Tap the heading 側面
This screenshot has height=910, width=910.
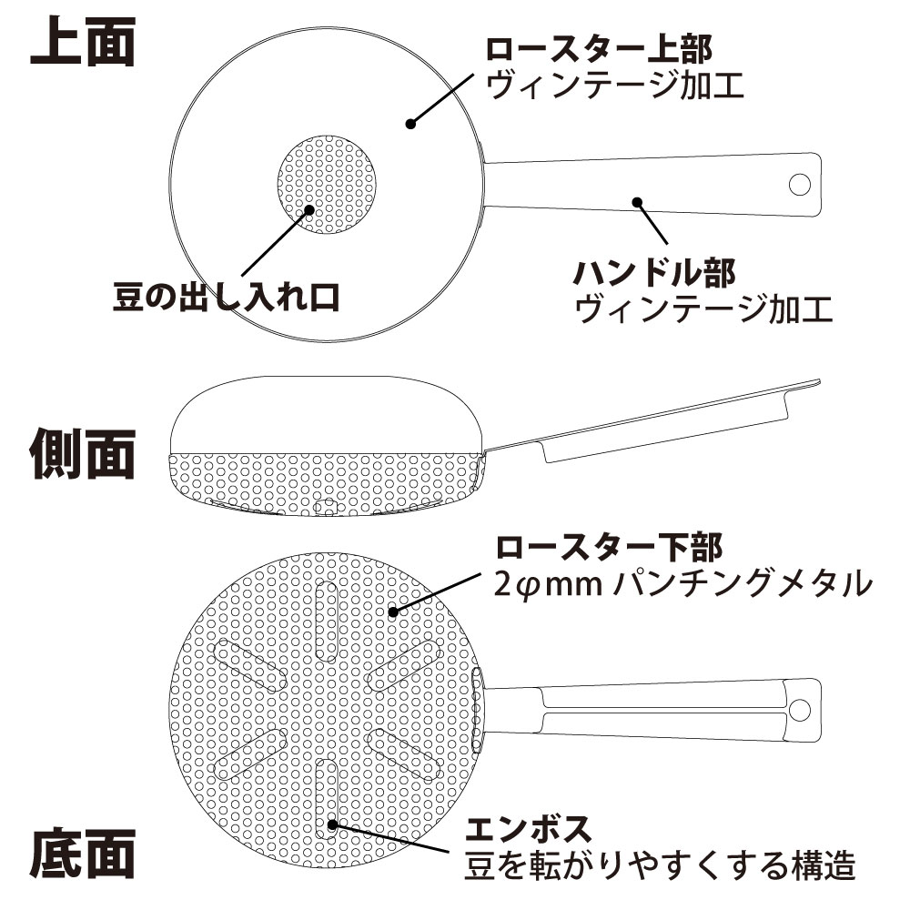(x=84, y=452)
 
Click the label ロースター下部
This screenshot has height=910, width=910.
(x=609, y=548)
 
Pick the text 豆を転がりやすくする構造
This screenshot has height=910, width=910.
(x=661, y=865)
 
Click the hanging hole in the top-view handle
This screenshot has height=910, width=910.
(x=799, y=184)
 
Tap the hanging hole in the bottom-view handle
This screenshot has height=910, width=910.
(x=799, y=709)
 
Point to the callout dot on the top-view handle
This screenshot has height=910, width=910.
(x=637, y=201)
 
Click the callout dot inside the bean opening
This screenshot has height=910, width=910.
(x=309, y=208)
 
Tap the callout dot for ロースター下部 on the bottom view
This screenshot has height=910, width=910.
(x=393, y=612)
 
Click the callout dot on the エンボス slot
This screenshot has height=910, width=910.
(x=333, y=824)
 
